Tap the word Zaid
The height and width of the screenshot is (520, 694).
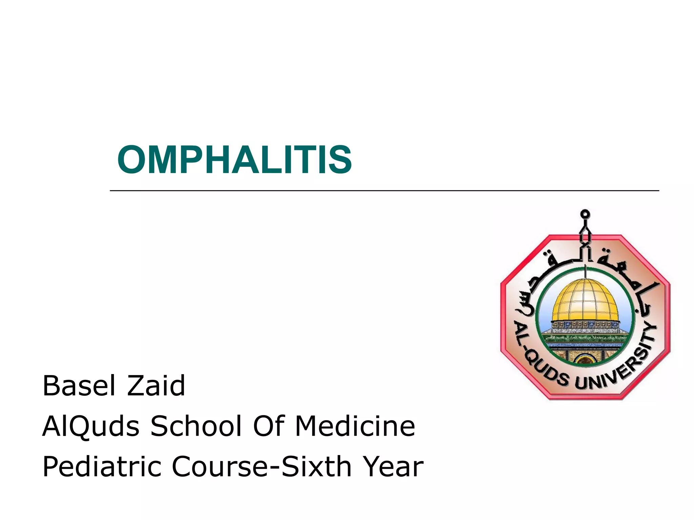pyautogui.click(x=156, y=386)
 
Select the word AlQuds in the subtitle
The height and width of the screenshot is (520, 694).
pyautogui.click(x=90, y=427)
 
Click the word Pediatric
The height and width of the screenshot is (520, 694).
pyautogui.click(x=101, y=467)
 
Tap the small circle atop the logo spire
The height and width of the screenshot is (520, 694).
pyautogui.click(x=585, y=214)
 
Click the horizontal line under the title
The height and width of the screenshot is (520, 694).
pyautogui.click(x=384, y=191)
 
